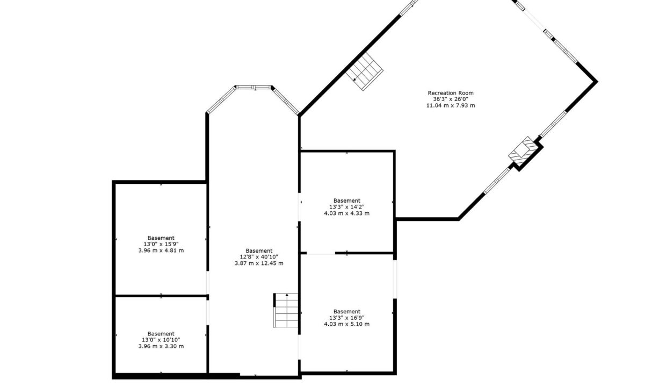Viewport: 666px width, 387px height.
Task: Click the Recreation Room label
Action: tap(451, 93)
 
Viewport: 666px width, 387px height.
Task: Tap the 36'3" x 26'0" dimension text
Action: tap(451, 99)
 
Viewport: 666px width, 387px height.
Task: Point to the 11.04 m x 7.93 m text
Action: tap(451, 105)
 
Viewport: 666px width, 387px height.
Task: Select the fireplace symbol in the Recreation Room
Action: tap(524, 151)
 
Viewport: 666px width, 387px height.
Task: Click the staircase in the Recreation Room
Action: tap(364, 71)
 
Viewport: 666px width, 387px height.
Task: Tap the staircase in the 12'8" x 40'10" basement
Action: tap(285, 310)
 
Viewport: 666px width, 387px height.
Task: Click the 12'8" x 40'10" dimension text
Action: tap(259, 257)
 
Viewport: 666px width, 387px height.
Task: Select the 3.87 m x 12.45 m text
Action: tap(259, 263)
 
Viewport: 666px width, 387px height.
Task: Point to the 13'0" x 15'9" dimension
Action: tap(161, 244)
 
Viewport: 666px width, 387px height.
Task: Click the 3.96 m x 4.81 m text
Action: tap(161, 250)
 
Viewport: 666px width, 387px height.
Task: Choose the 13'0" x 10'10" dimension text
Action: tap(161, 340)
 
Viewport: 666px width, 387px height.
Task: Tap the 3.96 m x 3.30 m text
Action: tap(161, 346)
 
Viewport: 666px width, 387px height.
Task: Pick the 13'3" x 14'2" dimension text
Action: tap(346, 207)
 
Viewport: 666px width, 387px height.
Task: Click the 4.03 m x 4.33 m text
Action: tap(346, 213)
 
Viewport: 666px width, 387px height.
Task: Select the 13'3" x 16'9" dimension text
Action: tap(346, 318)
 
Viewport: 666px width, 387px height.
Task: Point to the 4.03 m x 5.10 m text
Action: tap(346, 324)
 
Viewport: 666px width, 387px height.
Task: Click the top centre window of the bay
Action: tap(254, 88)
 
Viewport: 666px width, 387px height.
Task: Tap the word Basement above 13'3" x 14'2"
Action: tap(346, 201)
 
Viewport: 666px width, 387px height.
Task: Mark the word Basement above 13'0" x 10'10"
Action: tap(161, 334)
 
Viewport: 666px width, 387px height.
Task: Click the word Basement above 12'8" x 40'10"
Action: tap(259, 251)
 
